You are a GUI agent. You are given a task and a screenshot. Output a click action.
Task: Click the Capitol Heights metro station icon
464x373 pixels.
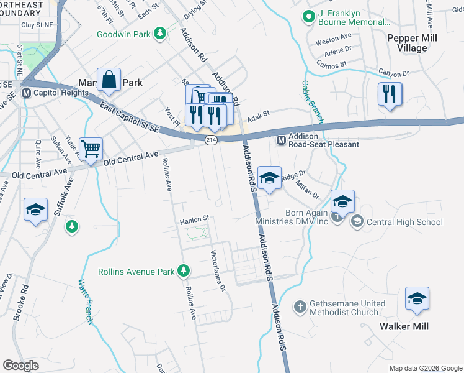(x=27, y=93)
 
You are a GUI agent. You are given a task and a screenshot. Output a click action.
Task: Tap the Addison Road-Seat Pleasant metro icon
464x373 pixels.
(x=281, y=140)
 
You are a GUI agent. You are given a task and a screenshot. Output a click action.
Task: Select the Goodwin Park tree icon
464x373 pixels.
(x=160, y=33)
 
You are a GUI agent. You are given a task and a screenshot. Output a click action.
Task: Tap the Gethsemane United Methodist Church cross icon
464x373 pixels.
(x=300, y=306)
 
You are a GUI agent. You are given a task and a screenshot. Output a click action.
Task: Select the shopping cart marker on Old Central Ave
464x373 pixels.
(x=91, y=149)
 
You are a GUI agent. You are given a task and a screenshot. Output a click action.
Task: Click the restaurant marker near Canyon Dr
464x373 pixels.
(x=390, y=94)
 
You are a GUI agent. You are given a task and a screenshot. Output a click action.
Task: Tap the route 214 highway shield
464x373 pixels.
(x=210, y=141)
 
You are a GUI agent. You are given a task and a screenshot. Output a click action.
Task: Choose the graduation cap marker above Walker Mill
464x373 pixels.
(x=417, y=299)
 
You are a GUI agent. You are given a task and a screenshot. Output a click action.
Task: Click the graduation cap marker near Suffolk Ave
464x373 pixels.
(x=35, y=210)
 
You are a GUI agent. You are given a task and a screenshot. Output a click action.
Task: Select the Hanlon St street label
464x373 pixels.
(x=195, y=219)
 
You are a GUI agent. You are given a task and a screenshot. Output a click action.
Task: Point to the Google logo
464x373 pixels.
(x=20, y=366)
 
